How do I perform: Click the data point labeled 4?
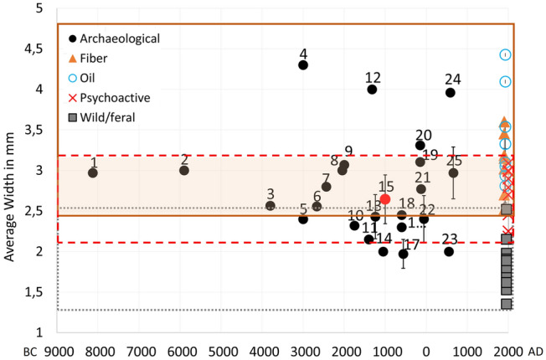(303, 64)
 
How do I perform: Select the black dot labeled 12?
(372, 90)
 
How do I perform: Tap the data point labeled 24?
(451, 92)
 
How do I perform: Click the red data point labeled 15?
(385, 199)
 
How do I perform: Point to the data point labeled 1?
(93, 172)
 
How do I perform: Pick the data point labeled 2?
(184, 170)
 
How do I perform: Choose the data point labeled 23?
(449, 251)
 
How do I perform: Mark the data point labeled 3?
(270, 205)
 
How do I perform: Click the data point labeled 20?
(420, 146)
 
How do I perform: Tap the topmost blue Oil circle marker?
(505, 54)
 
